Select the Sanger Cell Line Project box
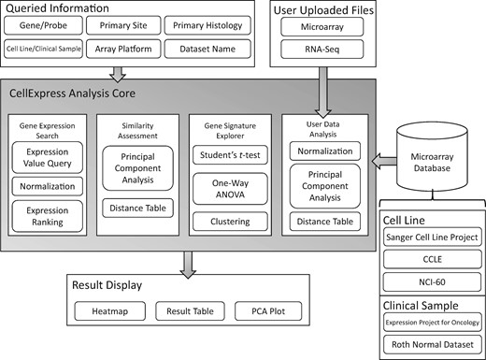[x=432, y=237]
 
